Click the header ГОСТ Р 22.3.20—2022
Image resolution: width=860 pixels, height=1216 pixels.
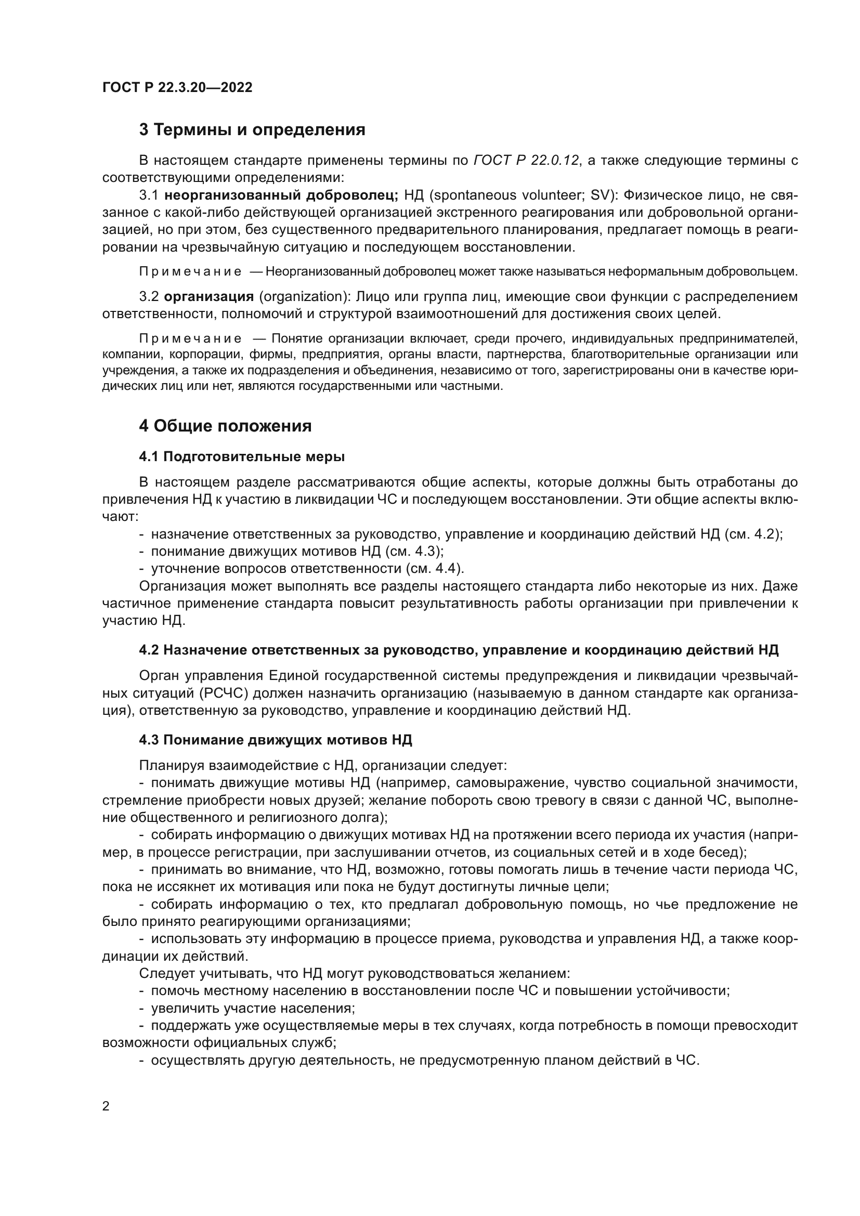177,87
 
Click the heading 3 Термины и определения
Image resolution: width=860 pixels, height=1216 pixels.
252,130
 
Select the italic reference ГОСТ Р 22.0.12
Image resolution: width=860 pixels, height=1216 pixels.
525,161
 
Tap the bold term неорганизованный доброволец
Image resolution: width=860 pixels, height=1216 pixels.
281,195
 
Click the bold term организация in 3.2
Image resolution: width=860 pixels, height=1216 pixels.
209,296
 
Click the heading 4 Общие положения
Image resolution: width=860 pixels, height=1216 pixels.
225,426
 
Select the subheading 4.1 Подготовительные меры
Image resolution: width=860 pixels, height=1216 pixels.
241,456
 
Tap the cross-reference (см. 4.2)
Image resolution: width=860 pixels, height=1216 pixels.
752,534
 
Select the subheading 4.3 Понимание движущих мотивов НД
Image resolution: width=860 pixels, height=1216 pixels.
276,740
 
